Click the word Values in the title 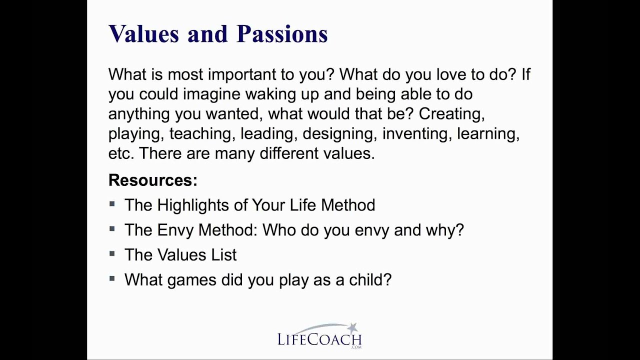click(x=143, y=33)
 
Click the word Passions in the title click(x=282, y=33)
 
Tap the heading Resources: click(x=153, y=180)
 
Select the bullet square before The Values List click(x=112, y=253)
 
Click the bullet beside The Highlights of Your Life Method click(x=112, y=204)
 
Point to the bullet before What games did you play click(x=112, y=278)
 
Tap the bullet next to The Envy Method click(x=112, y=229)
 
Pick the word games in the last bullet click(x=191, y=280)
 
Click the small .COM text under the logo click(x=356, y=347)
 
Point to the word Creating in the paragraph click(x=452, y=114)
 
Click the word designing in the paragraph click(x=338, y=133)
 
